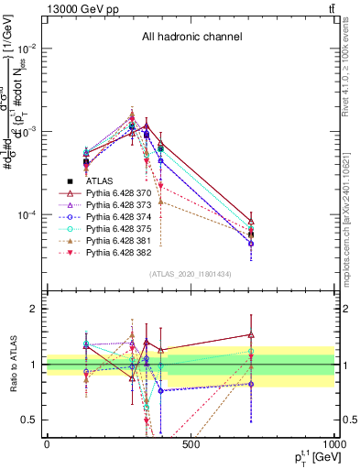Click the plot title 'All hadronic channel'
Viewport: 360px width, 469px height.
pyautogui.click(x=191, y=38)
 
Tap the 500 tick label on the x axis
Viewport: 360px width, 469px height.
pyautogui.click(x=191, y=444)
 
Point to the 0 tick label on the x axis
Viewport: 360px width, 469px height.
pyautogui.click(x=47, y=444)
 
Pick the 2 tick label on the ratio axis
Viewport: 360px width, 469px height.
pyautogui.click(x=35, y=309)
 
